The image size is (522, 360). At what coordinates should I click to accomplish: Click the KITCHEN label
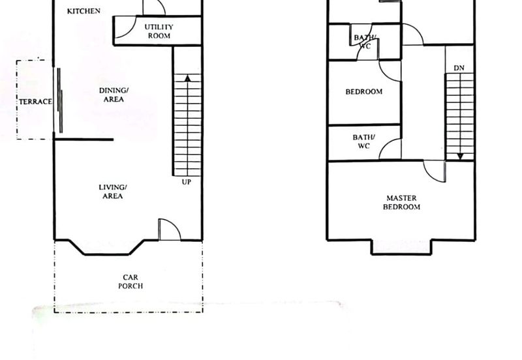(x=84, y=11)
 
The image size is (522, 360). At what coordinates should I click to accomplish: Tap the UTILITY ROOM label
(x=159, y=31)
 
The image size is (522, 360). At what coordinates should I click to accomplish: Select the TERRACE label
(x=36, y=102)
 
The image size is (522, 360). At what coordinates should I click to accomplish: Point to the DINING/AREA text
(x=114, y=95)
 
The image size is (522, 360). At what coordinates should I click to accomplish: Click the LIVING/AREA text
(x=112, y=192)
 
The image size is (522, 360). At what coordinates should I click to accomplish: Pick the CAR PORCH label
(x=130, y=282)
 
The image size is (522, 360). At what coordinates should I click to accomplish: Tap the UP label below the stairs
(x=187, y=182)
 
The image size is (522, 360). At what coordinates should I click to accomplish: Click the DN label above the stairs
(x=459, y=68)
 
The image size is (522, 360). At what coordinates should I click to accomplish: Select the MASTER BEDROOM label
(x=401, y=202)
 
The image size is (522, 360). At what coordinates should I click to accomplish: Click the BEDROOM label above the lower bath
(x=364, y=91)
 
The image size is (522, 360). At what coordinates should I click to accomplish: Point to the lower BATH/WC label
(x=364, y=142)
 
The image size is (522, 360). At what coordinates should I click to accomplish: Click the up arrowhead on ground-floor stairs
(x=188, y=78)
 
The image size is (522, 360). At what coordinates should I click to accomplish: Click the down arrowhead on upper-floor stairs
(x=461, y=156)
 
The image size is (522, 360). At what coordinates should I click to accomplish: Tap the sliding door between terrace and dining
(x=60, y=100)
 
